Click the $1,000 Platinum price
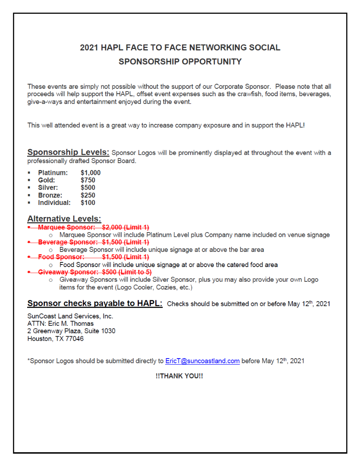pyautogui.click(x=91, y=173)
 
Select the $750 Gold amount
pyautogui.click(x=88, y=180)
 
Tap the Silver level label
pyautogui.click(x=48, y=188)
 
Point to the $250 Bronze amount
pyautogui.click(x=88, y=195)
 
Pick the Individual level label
pyautogui.click(x=54, y=203)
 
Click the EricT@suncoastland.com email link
pyautogui.click(x=202, y=361)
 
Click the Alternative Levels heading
pyautogui.click(x=64, y=219)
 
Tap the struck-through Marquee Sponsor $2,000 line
pyautogui.click(x=93, y=227)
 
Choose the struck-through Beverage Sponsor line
pyautogui.click(x=93, y=242)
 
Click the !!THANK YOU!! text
pyautogui.click(x=179, y=376)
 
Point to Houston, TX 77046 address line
pyautogui.click(x=56, y=339)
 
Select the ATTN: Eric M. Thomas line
pyautogui.click(x=60, y=324)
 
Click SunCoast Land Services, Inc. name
pyautogui.click(x=70, y=316)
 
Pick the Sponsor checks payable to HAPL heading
pyautogui.click(x=95, y=303)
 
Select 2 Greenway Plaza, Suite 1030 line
pyautogui.click(x=71, y=331)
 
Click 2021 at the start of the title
pyautogui.click(x=89, y=47)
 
